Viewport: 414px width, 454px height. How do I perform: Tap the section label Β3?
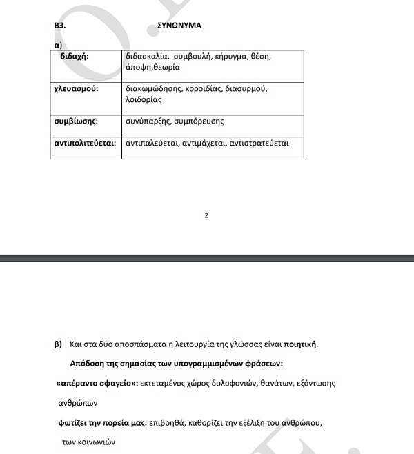(60, 26)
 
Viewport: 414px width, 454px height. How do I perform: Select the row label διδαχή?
(75, 56)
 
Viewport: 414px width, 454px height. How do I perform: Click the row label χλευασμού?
(77, 89)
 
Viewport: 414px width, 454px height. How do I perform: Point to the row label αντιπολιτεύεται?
(85, 144)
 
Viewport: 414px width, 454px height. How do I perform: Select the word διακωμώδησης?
(153, 89)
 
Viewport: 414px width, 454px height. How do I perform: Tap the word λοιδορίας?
(144, 100)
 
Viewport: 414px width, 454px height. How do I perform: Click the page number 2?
(206, 215)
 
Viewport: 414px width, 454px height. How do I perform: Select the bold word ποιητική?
(299, 344)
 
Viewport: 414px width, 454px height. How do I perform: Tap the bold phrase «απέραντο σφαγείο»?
(97, 383)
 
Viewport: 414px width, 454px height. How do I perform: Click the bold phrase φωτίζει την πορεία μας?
(103, 422)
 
